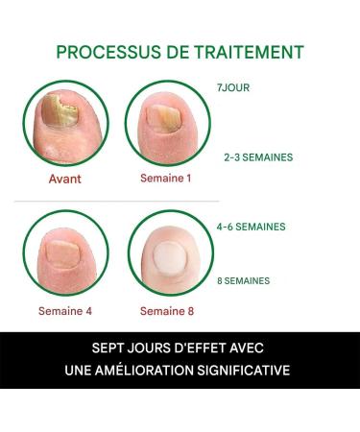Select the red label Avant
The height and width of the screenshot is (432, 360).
[x=65, y=178]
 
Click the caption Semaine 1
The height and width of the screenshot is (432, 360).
[x=166, y=178]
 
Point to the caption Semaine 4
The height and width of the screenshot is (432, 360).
[x=63, y=310]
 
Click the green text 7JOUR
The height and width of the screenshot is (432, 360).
[x=234, y=87]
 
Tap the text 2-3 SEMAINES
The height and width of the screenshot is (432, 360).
[x=258, y=156]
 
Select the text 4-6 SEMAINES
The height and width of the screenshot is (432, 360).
[x=251, y=228]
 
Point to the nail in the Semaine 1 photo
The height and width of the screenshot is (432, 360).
[x=165, y=118]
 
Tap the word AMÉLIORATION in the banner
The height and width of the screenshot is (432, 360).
[x=152, y=370]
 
